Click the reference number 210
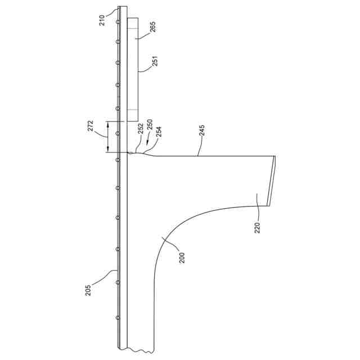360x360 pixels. tap(102, 20)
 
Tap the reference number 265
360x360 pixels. tap(152, 26)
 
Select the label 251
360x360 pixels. tap(155, 61)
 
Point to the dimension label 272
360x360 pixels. tap(91, 125)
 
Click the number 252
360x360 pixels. tap(141, 129)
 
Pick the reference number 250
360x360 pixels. tap(150, 125)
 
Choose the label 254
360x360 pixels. tap(159, 132)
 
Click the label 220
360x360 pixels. tap(258, 228)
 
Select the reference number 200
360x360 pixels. tap(182, 258)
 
